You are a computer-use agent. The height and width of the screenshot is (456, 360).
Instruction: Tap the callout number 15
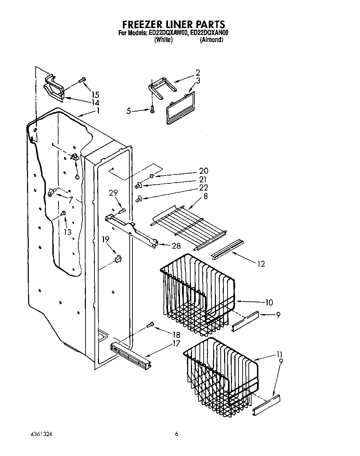(x=95, y=95)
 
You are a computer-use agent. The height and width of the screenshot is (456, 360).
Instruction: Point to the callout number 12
(x=260, y=264)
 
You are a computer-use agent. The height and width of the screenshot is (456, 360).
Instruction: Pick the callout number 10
(x=269, y=302)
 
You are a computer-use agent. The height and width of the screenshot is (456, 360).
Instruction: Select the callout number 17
(x=176, y=343)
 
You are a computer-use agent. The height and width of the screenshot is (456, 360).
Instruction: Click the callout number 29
(x=114, y=194)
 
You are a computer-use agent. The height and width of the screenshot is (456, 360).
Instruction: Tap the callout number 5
(x=129, y=111)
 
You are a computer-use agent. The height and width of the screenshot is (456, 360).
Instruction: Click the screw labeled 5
(x=151, y=110)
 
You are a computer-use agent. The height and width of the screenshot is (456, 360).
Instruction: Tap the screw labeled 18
(x=150, y=325)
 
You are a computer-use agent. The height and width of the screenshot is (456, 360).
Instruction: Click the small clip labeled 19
(x=118, y=258)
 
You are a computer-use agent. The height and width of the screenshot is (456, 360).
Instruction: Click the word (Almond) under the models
(x=211, y=40)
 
